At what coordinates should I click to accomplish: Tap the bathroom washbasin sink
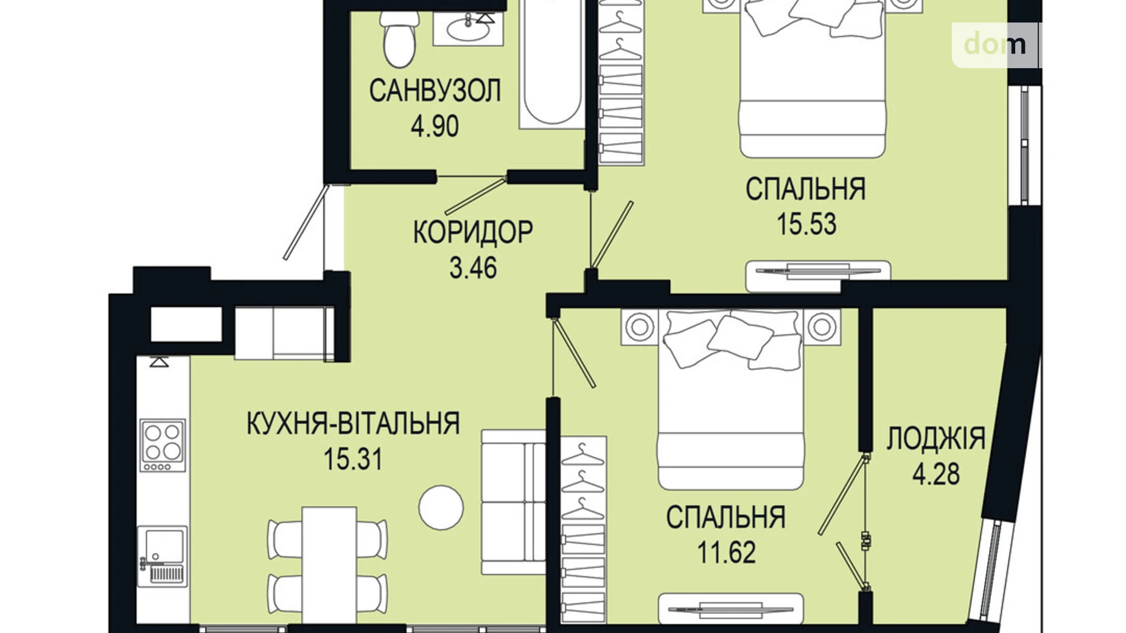pos(467,28)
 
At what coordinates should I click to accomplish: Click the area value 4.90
pos(435,127)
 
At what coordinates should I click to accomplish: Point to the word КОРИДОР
pos(473,232)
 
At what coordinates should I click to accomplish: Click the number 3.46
pos(473,268)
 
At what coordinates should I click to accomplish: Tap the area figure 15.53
pos(806,224)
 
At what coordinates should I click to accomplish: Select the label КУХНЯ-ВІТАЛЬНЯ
pos(353,424)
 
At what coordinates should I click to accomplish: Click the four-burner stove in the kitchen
pos(163,445)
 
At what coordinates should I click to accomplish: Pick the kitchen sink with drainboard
pos(162,556)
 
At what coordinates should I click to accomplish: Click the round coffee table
pos(441,507)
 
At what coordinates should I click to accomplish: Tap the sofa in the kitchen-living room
pos(513,502)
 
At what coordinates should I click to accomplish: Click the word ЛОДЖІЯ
pos(935,439)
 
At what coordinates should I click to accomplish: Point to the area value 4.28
pos(935,474)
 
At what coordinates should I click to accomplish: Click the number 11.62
pos(726,553)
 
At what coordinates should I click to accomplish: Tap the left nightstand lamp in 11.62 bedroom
pos(639,327)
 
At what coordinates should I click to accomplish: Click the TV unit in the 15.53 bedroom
pos(817,271)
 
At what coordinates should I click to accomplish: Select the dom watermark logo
pos(995,44)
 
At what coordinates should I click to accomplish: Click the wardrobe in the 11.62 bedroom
pos(583,528)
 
